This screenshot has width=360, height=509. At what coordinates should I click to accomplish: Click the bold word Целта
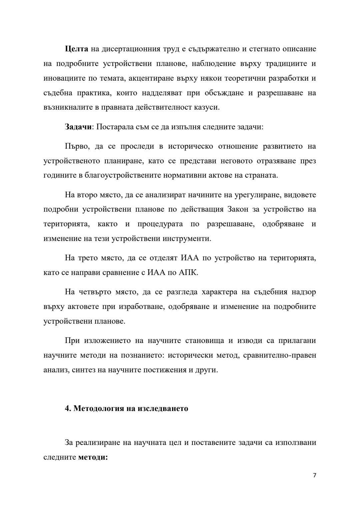point(76,49)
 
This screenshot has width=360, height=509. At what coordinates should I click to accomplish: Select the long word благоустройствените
point(120,175)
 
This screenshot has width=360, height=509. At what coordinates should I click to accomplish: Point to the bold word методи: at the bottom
point(93,457)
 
